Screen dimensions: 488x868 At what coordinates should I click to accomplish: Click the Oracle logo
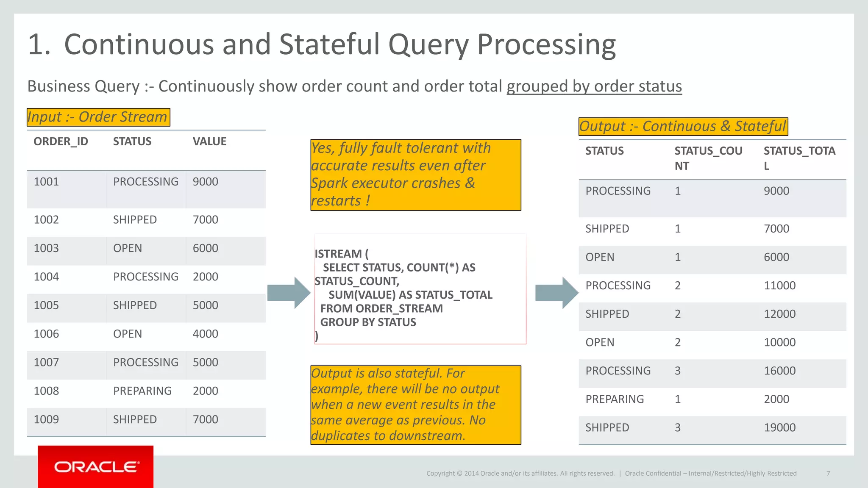[x=96, y=467]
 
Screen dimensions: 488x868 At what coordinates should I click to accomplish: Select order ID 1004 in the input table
[x=46, y=277]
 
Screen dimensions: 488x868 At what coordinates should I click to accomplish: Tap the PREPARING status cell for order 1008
[x=142, y=391]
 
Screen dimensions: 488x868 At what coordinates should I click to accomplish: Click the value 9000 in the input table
[x=205, y=182]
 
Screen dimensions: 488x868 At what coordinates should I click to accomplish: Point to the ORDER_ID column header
[x=61, y=141]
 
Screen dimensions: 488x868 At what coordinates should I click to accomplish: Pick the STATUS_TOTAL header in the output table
[x=799, y=158]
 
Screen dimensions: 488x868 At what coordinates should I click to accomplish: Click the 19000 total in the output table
[x=779, y=428]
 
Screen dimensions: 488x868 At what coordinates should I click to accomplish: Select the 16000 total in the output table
[x=779, y=371]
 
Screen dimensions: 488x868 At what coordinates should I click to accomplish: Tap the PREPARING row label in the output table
[x=615, y=399]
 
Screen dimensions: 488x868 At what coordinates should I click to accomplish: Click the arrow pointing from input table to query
[x=289, y=293]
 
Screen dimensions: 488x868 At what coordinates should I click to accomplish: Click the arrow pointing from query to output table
[x=556, y=293]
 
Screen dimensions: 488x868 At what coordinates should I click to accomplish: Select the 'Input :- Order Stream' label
[x=98, y=117]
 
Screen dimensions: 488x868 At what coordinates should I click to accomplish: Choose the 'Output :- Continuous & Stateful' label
[x=683, y=127]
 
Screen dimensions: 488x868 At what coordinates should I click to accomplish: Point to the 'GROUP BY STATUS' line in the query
[x=368, y=322]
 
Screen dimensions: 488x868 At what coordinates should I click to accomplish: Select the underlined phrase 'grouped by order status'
[x=594, y=86]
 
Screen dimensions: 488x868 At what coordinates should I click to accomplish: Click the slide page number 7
[x=828, y=474]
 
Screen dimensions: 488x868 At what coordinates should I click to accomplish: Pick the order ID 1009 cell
[x=46, y=420]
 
